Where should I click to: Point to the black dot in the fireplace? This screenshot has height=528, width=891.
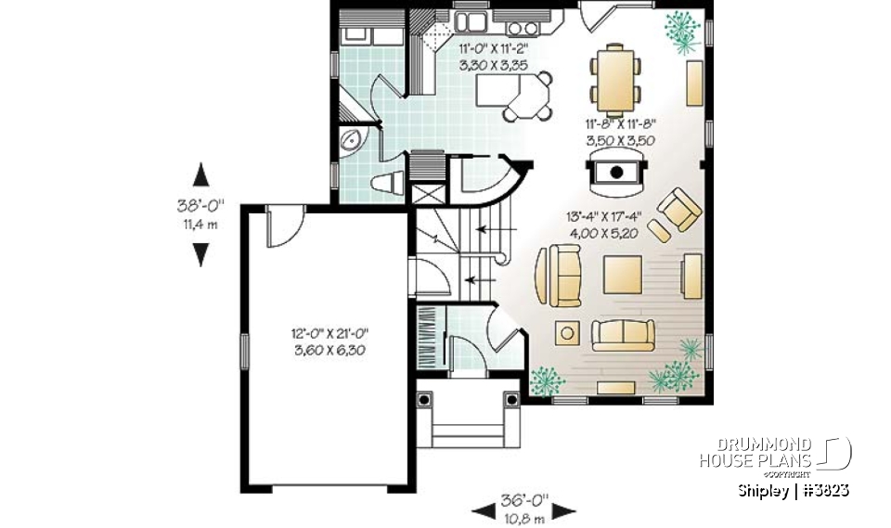614,171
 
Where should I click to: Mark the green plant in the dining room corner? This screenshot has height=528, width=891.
684,30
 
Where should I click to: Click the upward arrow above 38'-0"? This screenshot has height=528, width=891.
200,175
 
